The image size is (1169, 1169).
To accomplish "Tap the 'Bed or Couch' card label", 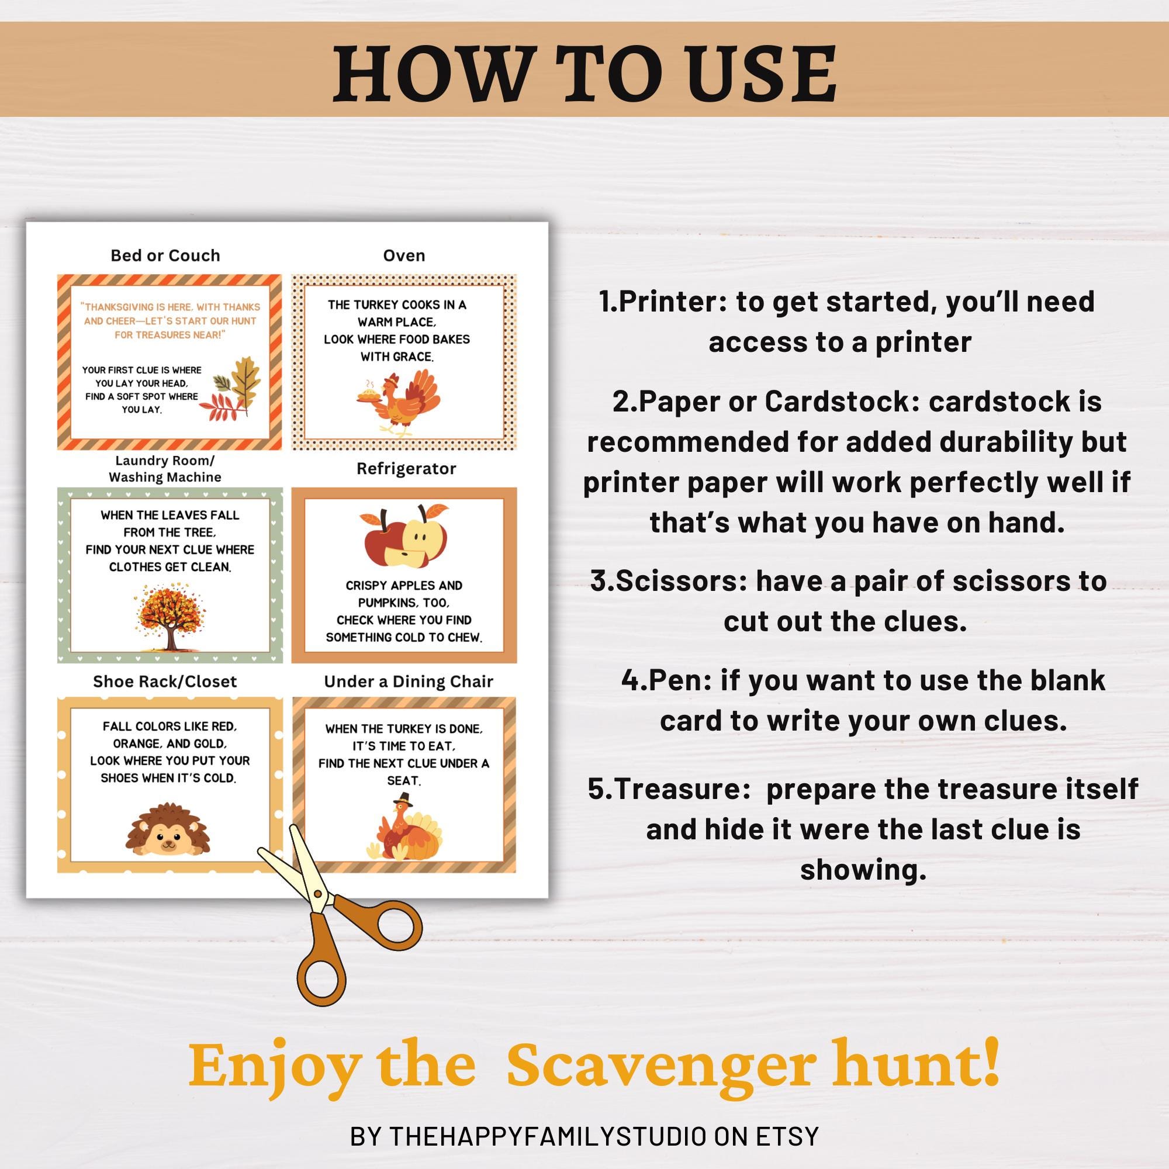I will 165,255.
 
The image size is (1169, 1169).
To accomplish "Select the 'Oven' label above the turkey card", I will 403,255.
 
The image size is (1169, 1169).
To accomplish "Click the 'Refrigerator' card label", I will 406,468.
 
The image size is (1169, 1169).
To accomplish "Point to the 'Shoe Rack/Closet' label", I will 165,682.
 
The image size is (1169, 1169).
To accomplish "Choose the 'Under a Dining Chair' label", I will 409,682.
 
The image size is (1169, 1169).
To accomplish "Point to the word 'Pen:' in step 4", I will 677,680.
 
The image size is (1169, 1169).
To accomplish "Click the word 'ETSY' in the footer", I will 787,1136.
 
